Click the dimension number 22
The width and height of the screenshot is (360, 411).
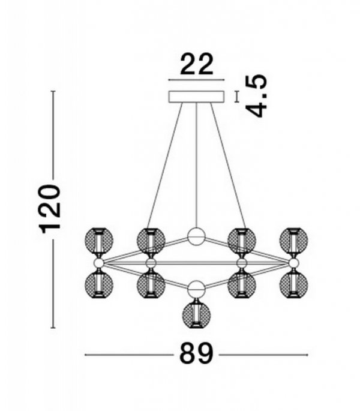tap(197, 64)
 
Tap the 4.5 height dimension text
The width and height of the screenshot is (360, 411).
tap(257, 95)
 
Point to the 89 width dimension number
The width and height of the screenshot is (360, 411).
tap(196, 354)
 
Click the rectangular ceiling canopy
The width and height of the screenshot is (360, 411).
tap(196, 97)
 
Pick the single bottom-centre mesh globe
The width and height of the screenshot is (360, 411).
tap(196, 316)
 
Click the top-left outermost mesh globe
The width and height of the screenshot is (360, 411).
tap(99, 241)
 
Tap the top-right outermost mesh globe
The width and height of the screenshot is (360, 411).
tap(293, 241)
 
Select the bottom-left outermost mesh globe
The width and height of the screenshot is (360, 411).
tap(99, 285)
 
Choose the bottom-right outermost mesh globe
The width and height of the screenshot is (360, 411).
tap(293, 285)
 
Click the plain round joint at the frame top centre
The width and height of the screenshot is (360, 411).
tap(196, 236)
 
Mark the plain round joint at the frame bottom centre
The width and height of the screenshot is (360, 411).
tap(196, 289)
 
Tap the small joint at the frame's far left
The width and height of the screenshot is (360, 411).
tap(99, 263)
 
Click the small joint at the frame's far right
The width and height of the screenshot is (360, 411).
tap(293, 263)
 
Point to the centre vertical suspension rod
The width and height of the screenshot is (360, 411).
tap(196, 165)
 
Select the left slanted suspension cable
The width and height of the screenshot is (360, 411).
tap(165, 165)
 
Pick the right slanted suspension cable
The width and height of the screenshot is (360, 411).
tap(228, 165)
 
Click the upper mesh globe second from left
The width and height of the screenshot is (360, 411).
tap(151, 241)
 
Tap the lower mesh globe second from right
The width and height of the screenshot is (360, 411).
tap(242, 285)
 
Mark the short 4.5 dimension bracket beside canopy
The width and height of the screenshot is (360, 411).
tap(238, 97)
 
